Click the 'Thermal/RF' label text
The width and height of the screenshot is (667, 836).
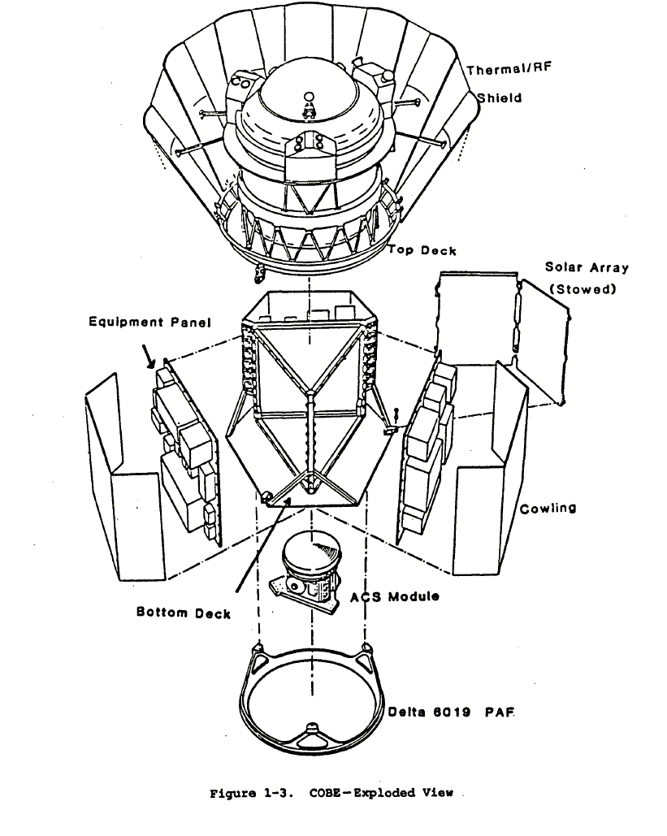point(508,70)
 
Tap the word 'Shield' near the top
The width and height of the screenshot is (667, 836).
point(499,97)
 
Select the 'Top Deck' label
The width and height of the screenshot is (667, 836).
point(421,250)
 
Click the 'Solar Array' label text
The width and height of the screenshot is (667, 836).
point(587,267)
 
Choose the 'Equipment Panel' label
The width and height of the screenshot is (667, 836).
point(149,323)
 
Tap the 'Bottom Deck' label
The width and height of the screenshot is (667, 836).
point(183,613)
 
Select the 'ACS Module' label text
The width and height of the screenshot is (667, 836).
point(395,597)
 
